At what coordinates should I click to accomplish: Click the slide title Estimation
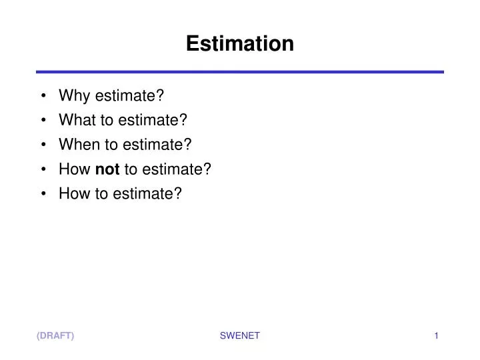click(x=239, y=44)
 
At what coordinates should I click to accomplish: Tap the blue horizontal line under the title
click(x=239, y=71)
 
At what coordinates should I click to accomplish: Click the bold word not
click(x=107, y=169)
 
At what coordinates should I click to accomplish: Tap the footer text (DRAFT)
click(x=55, y=336)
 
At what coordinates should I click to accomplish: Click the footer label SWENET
click(x=239, y=336)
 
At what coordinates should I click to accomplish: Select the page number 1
click(x=436, y=336)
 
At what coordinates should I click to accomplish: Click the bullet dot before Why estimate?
click(x=43, y=96)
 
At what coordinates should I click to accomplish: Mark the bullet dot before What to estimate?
click(x=43, y=121)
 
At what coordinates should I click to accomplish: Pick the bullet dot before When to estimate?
click(x=43, y=145)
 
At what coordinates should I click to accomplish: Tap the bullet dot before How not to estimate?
click(x=43, y=169)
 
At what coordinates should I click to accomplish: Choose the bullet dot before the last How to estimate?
click(x=43, y=193)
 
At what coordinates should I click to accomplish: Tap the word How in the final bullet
click(x=73, y=193)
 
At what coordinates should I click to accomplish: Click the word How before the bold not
click(x=73, y=169)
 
